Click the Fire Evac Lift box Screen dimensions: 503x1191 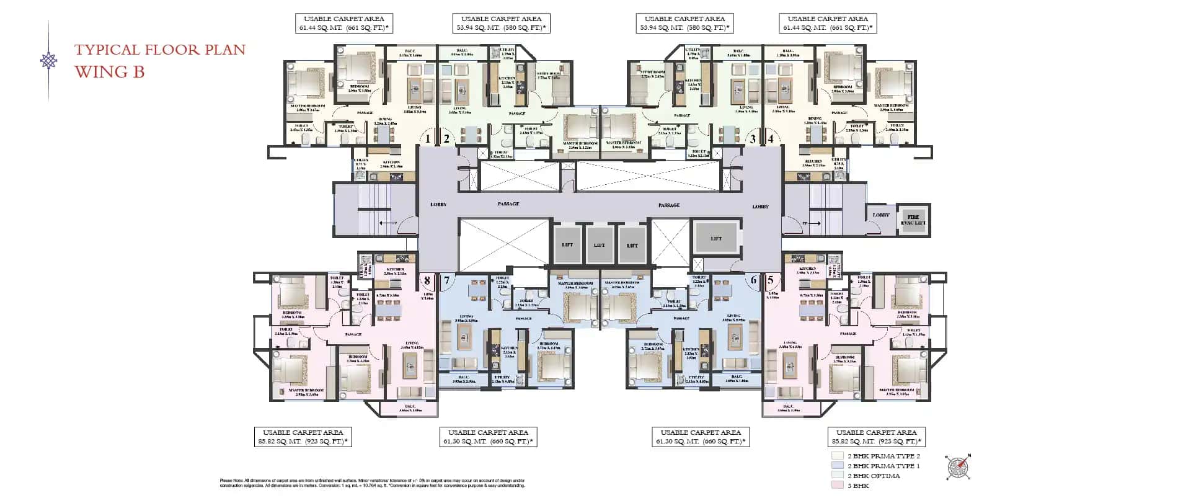[x=913, y=220]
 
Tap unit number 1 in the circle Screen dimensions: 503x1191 [x=427, y=139]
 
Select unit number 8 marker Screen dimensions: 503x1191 [x=427, y=281]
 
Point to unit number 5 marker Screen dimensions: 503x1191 [x=771, y=280]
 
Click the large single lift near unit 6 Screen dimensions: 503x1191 [x=716, y=238]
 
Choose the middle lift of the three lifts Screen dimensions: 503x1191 [x=600, y=244]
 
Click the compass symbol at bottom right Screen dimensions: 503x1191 [x=959, y=466]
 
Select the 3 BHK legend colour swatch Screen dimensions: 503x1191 [x=838, y=486]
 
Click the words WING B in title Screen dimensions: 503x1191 [x=110, y=72]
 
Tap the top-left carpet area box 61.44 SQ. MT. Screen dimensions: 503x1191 [x=343, y=24]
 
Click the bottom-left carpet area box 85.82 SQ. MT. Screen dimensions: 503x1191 [x=303, y=437]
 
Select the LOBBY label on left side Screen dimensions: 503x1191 [x=438, y=204]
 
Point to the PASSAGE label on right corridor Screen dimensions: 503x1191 [x=669, y=205]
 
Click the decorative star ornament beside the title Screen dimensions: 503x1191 [x=48, y=61]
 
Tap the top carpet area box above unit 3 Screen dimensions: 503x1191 [x=684, y=24]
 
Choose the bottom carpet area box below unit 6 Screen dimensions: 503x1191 [x=701, y=437]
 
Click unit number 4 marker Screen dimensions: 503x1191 [x=771, y=139]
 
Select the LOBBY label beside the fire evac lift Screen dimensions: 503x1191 [x=881, y=215]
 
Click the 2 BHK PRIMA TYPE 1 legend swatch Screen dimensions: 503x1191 [x=838, y=466]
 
